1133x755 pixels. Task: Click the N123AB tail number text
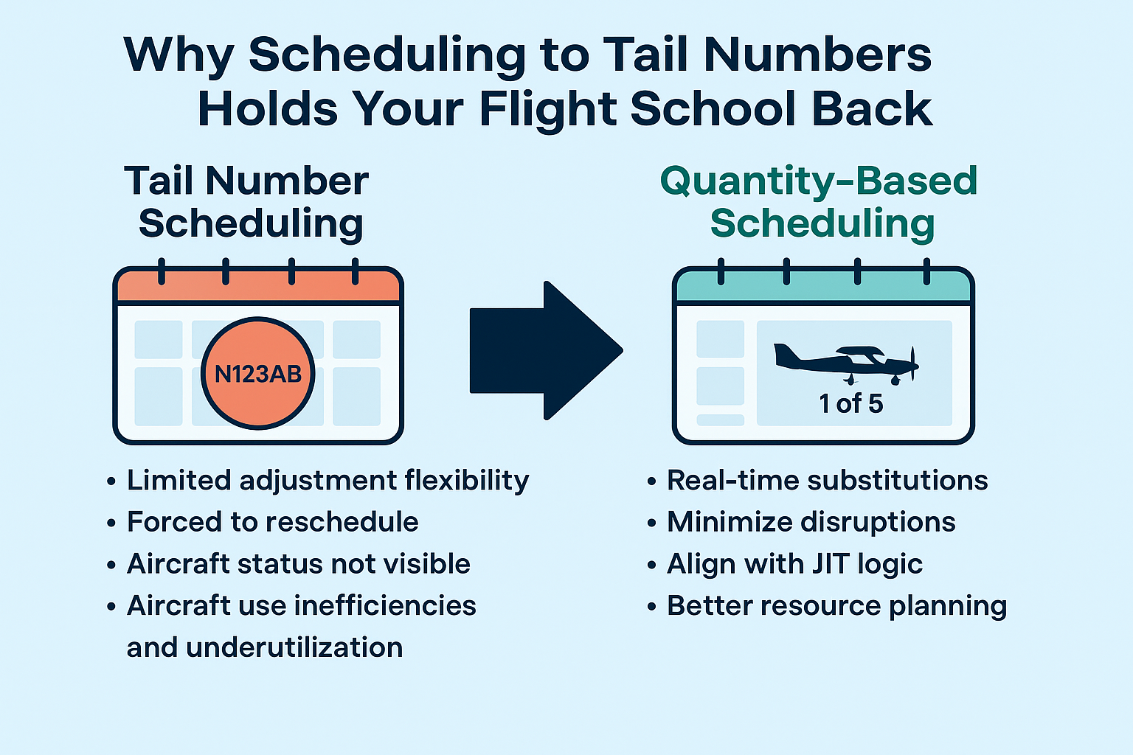[258, 375]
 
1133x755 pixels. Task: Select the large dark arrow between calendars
[546, 350]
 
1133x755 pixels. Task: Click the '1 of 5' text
[850, 404]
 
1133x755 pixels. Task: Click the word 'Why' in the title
[179, 54]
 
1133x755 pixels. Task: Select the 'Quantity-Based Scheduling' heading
[820, 202]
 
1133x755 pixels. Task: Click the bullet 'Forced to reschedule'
[272, 522]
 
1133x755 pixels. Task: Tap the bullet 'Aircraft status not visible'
[298, 564]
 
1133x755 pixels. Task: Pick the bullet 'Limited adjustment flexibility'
[328, 480]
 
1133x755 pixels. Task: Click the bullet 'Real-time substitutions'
[827, 480]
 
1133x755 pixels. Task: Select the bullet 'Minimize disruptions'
[811, 522]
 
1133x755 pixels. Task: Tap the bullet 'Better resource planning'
[836, 606]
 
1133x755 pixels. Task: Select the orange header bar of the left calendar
[258, 287]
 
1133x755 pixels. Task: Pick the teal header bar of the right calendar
[823, 287]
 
